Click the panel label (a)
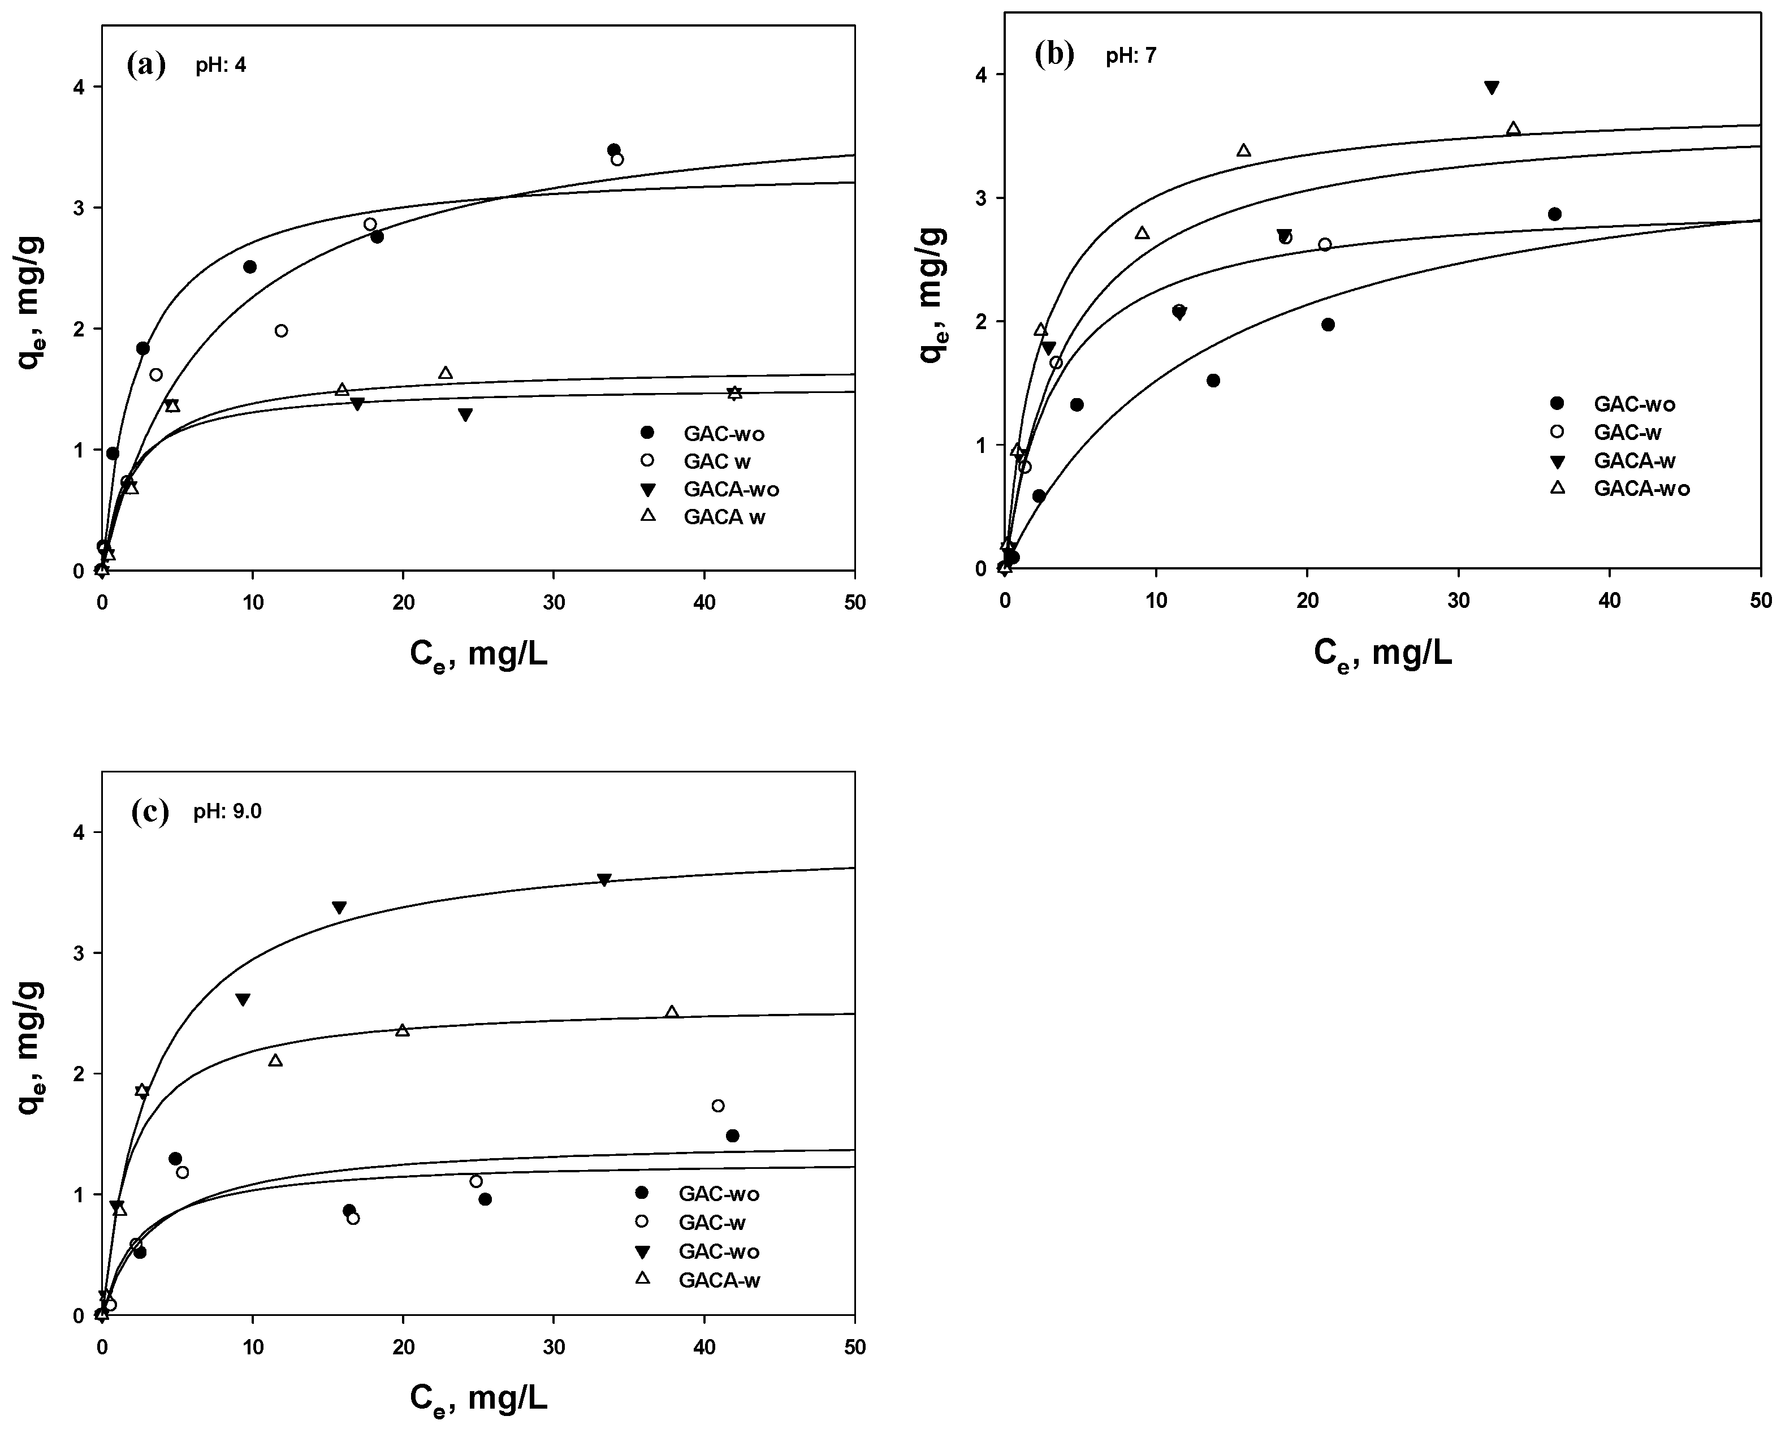coord(146,64)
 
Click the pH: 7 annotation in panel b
coord(1131,56)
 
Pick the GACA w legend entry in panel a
coord(724,518)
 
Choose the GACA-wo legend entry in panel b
coord(1641,488)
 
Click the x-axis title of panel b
coord(1383,654)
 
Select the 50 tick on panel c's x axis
coord(854,1347)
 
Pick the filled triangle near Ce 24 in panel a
coord(465,415)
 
